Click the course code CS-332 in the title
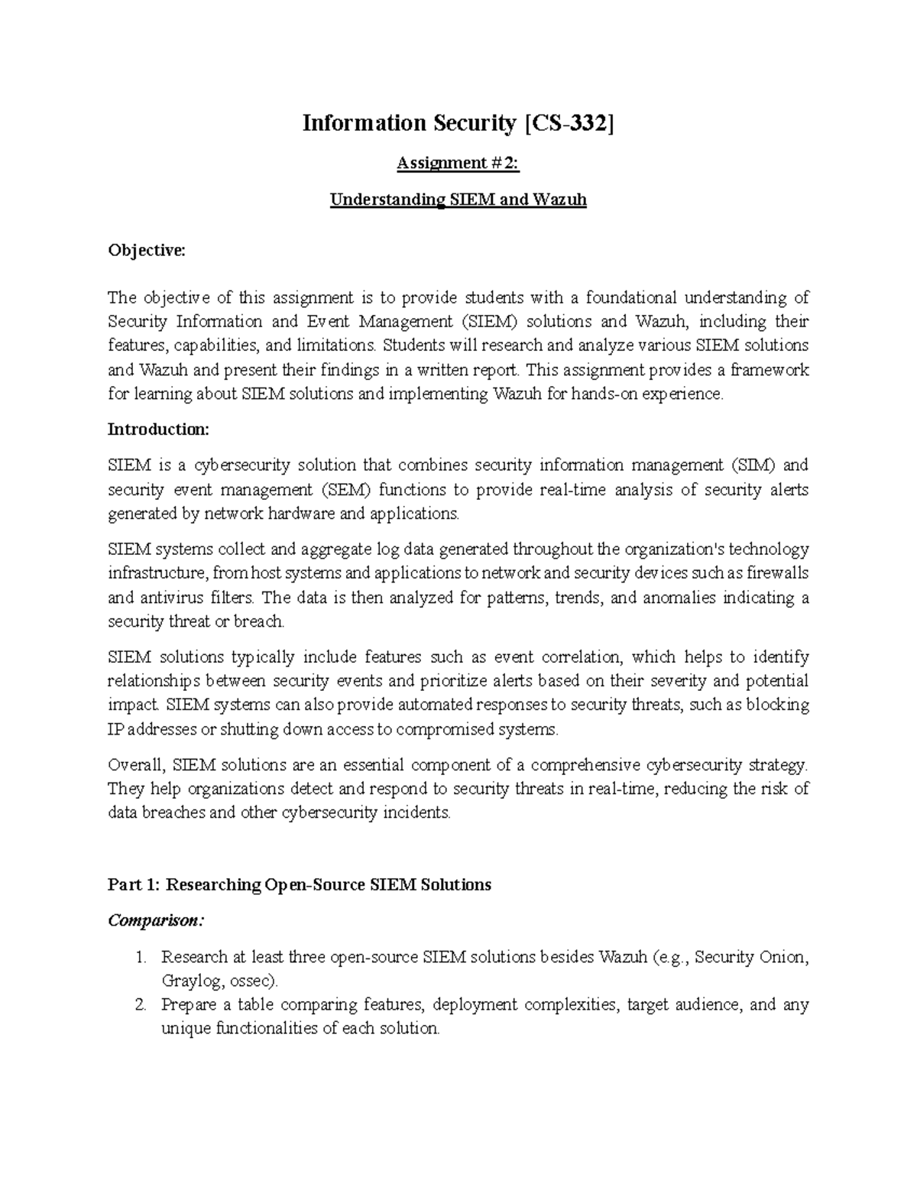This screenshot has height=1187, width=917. (569, 123)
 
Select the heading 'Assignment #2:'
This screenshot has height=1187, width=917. (458, 163)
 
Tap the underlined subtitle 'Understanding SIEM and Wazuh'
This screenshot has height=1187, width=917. (458, 200)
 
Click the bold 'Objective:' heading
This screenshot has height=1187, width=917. (147, 250)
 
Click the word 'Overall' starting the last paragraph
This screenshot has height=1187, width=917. (134, 765)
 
